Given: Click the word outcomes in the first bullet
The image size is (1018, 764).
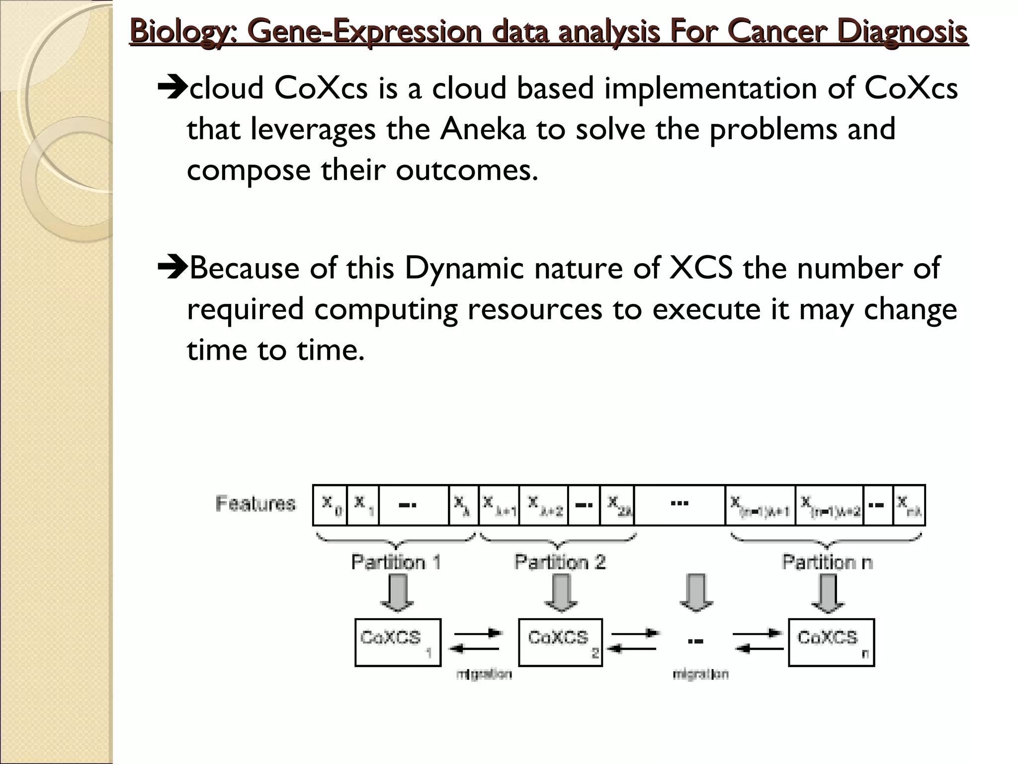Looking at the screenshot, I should [467, 170].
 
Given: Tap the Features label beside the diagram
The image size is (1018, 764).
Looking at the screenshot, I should [255, 503].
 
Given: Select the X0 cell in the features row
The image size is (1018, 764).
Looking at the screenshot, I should [330, 505].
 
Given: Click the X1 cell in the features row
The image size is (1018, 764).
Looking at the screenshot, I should [363, 505].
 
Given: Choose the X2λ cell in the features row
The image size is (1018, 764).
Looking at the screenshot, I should [617, 505].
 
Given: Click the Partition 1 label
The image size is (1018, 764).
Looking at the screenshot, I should [396, 562].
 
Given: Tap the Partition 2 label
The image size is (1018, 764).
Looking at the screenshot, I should [560, 562].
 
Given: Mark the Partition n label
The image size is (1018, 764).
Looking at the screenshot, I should [827, 562].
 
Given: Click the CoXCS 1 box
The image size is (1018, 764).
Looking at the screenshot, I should [398, 642].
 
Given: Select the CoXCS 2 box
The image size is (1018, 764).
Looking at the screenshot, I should [560, 642].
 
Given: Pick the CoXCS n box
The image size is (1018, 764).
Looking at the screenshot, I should [831, 642].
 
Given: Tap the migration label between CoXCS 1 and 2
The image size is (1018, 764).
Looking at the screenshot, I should [484, 674].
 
